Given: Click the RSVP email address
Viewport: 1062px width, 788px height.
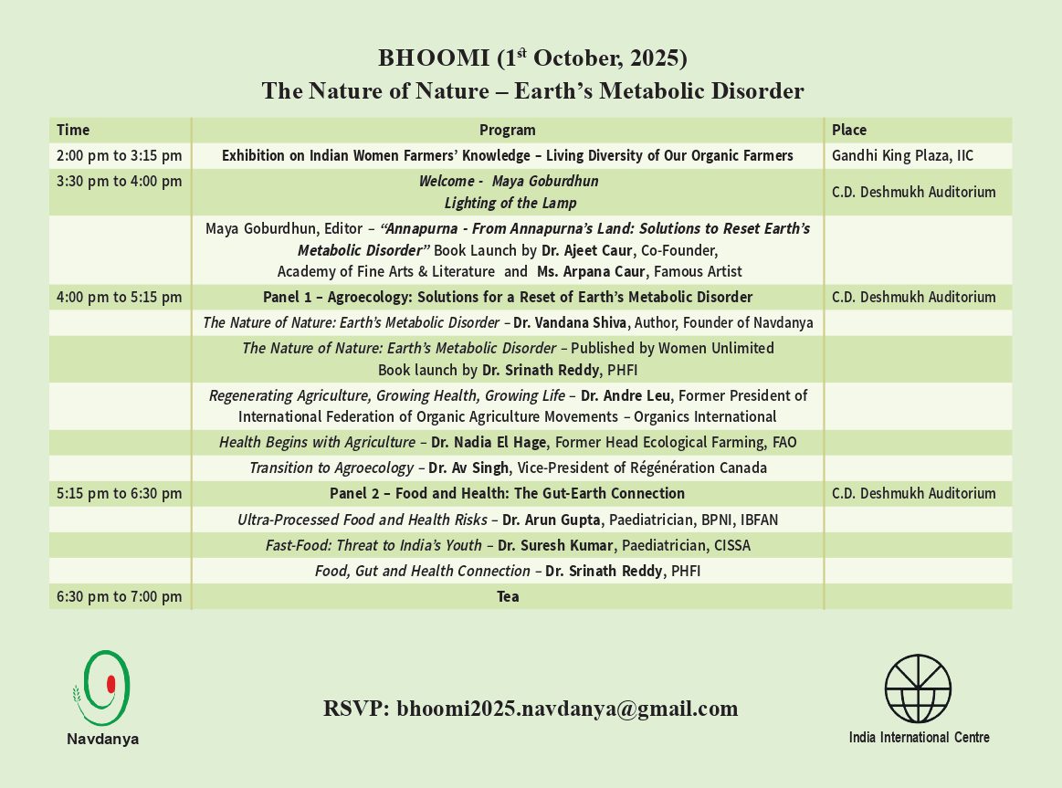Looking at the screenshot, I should tap(567, 709).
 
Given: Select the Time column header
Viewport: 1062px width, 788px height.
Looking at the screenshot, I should tap(73, 130).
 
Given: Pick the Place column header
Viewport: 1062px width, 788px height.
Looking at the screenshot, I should tap(849, 130).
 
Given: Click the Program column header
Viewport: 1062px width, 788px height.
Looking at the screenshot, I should tap(508, 130).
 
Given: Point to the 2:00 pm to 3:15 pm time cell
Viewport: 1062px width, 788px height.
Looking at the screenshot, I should tap(119, 155).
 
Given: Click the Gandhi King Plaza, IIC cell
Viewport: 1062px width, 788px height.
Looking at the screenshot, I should tap(902, 155).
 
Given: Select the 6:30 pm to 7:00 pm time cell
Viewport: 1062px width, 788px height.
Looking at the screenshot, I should tap(119, 597).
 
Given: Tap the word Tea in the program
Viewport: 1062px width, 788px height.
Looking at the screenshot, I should tap(508, 597).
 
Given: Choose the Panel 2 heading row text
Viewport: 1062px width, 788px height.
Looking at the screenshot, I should tap(508, 494).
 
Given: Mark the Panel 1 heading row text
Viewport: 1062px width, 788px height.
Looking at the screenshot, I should tap(508, 297).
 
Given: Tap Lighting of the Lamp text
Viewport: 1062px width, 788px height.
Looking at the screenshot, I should tap(510, 203).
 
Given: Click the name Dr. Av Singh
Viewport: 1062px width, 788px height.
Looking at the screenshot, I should tap(472, 468).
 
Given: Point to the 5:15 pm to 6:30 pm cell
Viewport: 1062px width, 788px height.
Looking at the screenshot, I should tap(119, 494).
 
